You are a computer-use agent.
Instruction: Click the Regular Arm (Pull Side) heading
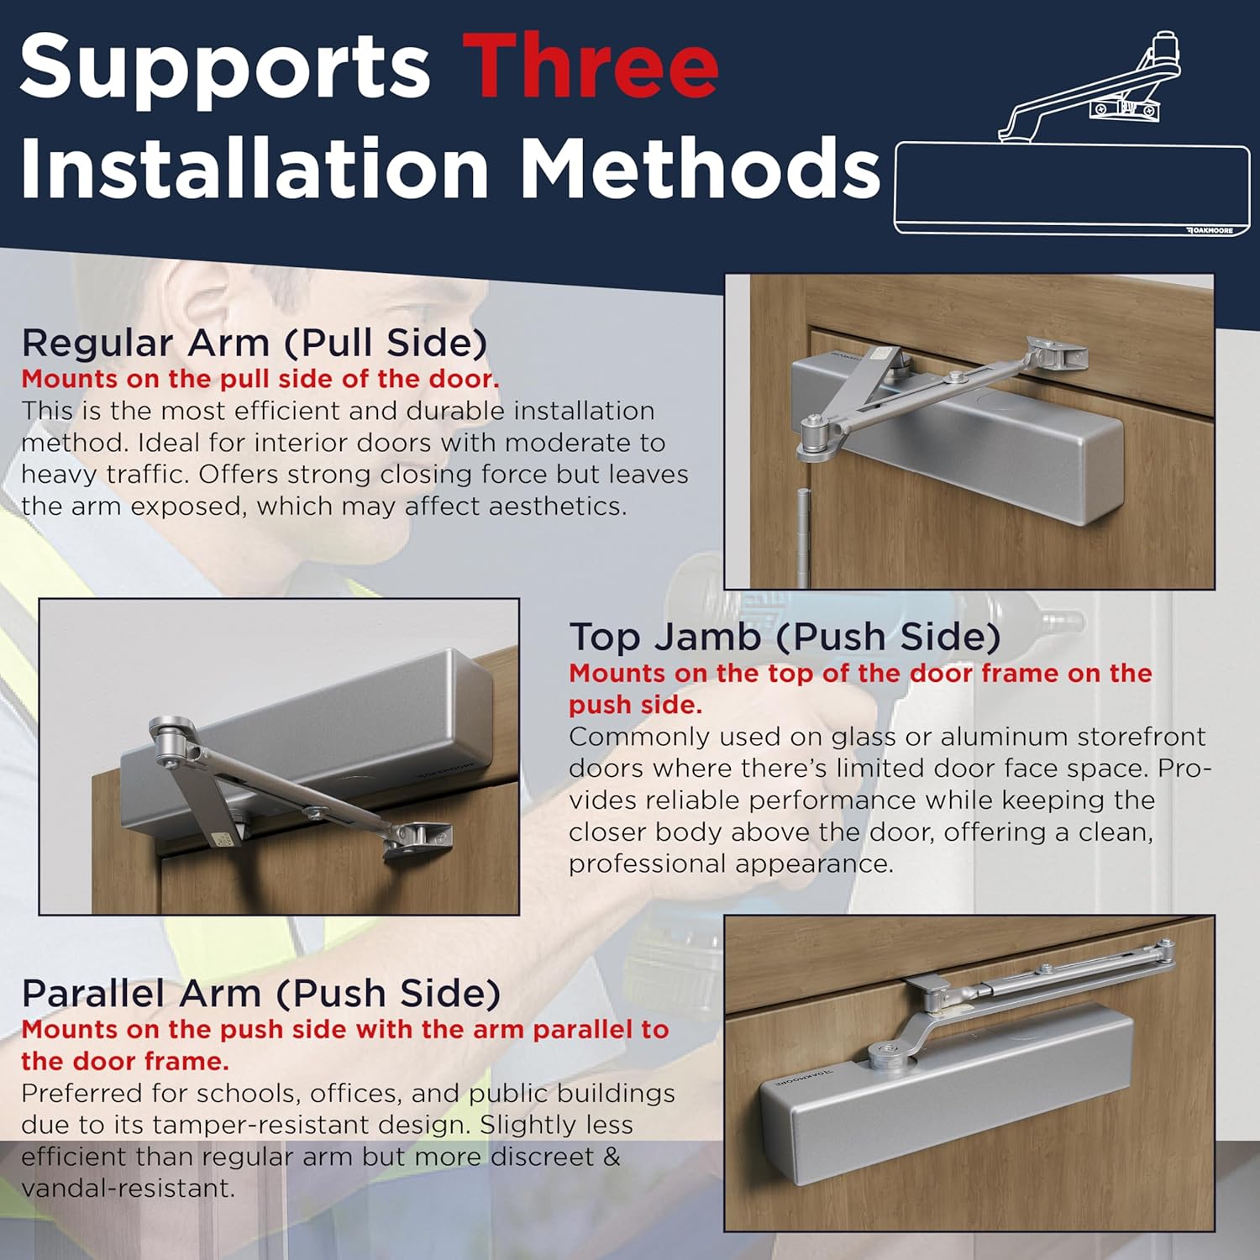point(255,343)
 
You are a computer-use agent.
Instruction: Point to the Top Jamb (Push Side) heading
point(785,637)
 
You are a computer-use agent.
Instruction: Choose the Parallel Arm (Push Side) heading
point(261,993)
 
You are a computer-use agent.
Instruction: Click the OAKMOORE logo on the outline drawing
point(1209,229)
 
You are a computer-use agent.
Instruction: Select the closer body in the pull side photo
point(958,437)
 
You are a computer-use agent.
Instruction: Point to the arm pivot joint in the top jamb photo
point(171,739)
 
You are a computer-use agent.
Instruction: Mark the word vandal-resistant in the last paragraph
point(129,1189)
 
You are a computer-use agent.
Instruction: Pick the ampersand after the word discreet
point(612,1157)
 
